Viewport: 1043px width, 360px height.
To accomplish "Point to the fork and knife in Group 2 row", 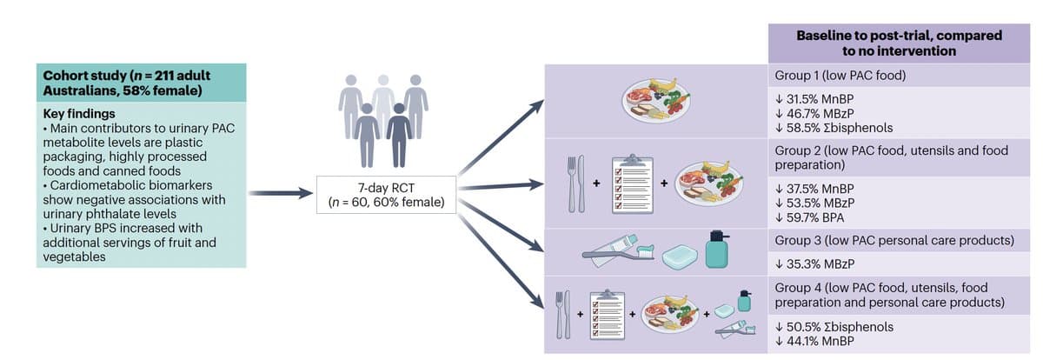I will click(575, 184).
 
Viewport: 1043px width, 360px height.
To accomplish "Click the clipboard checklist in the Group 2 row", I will click(632, 183).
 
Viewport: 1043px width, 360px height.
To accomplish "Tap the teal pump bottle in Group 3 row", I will click(717, 250).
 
